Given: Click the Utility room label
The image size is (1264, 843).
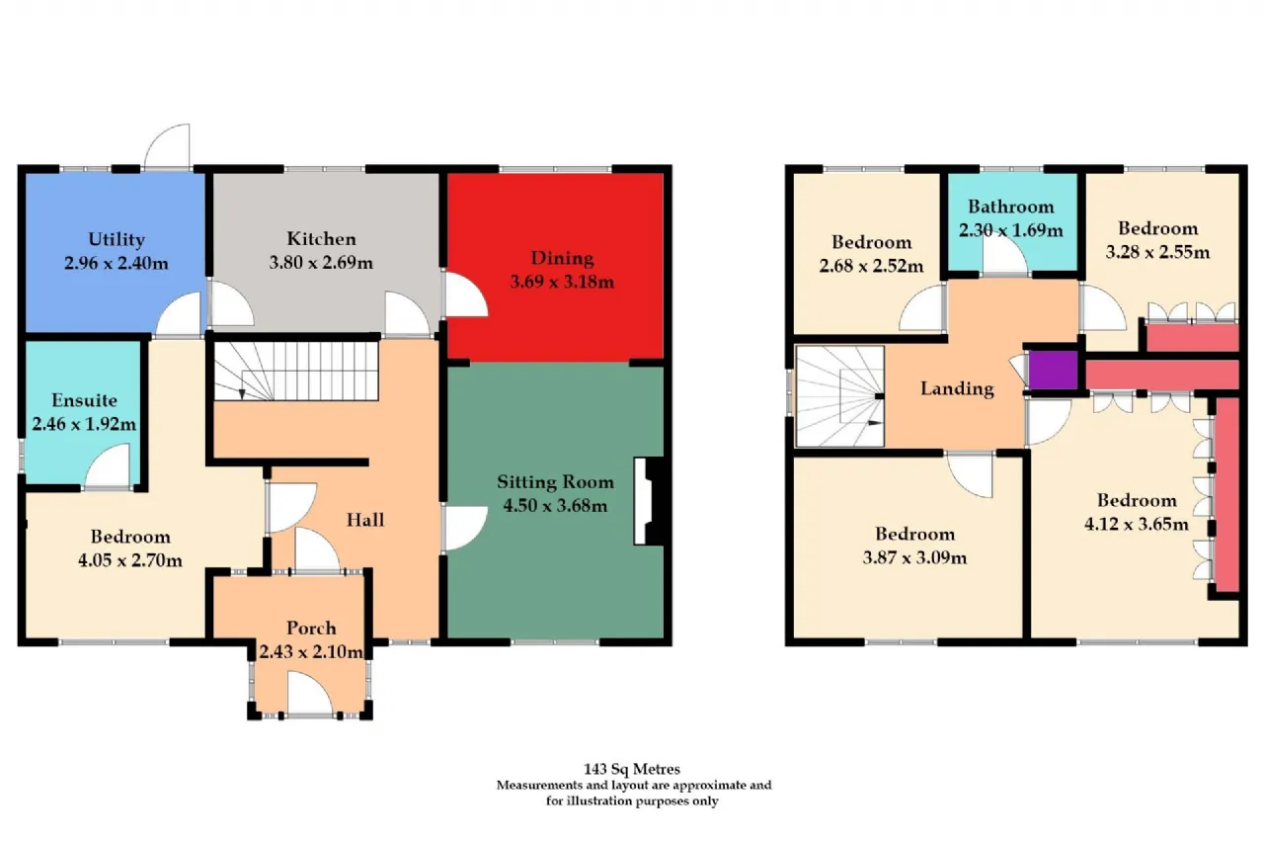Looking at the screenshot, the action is click(x=117, y=239).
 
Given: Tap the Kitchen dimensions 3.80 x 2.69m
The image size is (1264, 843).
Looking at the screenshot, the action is click(x=321, y=263).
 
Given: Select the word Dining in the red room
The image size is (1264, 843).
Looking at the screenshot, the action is click(x=562, y=259).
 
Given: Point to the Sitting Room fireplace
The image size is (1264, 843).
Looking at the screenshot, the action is click(x=649, y=501).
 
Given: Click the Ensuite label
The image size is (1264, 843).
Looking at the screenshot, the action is click(x=85, y=400).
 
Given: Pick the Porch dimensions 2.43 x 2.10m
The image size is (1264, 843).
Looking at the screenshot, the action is click(x=311, y=651).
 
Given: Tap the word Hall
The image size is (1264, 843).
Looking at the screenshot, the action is click(x=365, y=520).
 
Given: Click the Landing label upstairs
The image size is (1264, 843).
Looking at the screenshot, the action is click(x=957, y=389).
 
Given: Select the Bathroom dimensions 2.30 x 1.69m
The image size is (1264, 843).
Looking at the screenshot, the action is click(x=1010, y=230).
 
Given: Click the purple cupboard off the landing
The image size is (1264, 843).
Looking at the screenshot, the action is click(x=1053, y=370).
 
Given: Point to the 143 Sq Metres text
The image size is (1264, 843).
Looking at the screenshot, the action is click(x=632, y=769).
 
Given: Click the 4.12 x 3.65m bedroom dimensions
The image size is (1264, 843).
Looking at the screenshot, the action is click(x=1137, y=524).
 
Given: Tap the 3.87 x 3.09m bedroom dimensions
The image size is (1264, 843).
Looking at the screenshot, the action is click(x=914, y=557).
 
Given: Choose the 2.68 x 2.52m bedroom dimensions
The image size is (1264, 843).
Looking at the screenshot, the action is click(x=871, y=266).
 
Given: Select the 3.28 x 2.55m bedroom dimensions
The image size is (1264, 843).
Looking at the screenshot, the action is click(x=1157, y=252).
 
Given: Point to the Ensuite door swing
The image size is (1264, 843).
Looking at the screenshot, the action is click(x=108, y=465).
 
